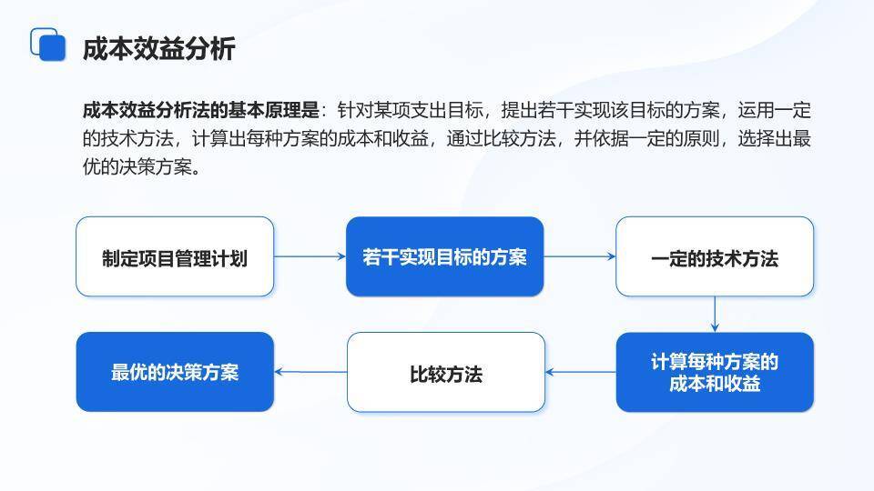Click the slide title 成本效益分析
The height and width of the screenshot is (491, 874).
(158, 48)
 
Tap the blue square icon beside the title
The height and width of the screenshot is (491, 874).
(49, 45)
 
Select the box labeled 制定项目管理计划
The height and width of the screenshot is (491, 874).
(175, 257)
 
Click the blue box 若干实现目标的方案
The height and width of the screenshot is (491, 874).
(444, 257)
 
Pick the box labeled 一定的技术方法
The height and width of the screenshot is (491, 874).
(715, 257)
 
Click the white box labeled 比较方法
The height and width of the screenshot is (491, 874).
(445, 373)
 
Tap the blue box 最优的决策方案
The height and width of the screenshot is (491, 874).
(175, 372)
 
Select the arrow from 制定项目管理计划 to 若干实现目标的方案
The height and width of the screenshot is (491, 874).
(310, 256)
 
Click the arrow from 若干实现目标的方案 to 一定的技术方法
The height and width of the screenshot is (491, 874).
(580, 256)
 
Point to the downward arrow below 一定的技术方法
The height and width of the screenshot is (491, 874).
(715, 315)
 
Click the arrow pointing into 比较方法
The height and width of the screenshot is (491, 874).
(581, 372)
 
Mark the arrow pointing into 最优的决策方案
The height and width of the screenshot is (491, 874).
(310, 372)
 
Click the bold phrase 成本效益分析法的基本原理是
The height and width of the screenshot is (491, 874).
(200, 111)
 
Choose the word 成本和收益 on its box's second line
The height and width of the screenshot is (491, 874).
(715, 384)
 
